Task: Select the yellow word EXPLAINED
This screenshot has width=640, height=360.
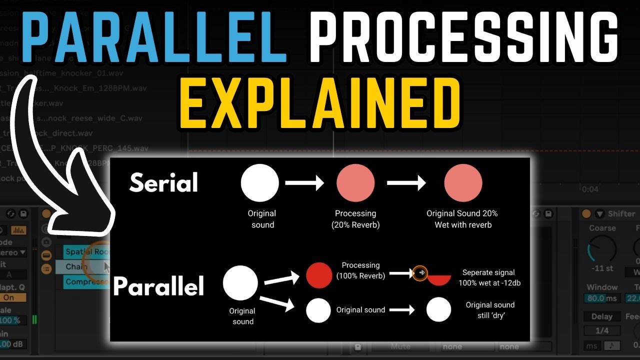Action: pyautogui.click(x=320, y=106)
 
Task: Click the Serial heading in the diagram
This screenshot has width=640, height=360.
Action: pyautogui.click(x=164, y=183)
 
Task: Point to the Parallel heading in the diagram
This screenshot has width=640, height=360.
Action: pyautogui.click(x=159, y=286)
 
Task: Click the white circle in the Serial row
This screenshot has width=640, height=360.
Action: pyautogui.click(x=259, y=183)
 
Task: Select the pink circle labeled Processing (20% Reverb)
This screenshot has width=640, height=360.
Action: pyautogui.click(x=355, y=183)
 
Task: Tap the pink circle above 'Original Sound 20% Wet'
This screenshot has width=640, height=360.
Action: pyautogui.click(x=463, y=183)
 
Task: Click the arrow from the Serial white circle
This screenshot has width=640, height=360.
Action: pyautogui.click(x=304, y=183)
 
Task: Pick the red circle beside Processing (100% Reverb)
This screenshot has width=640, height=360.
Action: pyautogui.click(x=319, y=275)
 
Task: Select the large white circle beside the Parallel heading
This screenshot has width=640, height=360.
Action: pyautogui.click(x=240, y=283)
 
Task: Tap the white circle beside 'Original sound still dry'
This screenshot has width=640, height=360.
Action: pyautogui.click(x=438, y=310)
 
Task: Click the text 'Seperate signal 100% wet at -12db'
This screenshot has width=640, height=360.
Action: pyautogui.click(x=488, y=277)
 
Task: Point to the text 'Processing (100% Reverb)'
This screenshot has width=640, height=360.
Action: pyautogui.click(x=360, y=270)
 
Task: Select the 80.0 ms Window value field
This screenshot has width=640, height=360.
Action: pyautogui.click(x=601, y=298)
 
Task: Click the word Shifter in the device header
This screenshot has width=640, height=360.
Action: pyautogui.click(x=621, y=214)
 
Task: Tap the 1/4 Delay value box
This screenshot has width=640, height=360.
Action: pyautogui.click(x=601, y=330)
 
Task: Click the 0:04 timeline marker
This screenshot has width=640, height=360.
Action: pyautogui.click(x=590, y=189)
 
